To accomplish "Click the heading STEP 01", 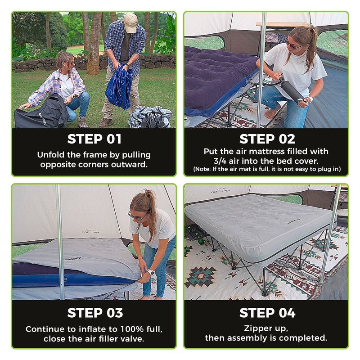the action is (x=94, y=139).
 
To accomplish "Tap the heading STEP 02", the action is (x=267, y=139).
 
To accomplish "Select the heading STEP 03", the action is (x=95, y=313).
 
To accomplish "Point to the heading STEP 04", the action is (x=267, y=313).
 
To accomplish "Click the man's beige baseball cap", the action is (x=130, y=22).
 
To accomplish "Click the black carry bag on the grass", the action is (x=41, y=113).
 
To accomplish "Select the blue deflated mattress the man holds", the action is (x=119, y=87).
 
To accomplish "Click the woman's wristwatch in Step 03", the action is (x=151, y=273).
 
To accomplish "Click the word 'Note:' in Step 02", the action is (x=202, y=169).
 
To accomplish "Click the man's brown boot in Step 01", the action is (x=106, y=123).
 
